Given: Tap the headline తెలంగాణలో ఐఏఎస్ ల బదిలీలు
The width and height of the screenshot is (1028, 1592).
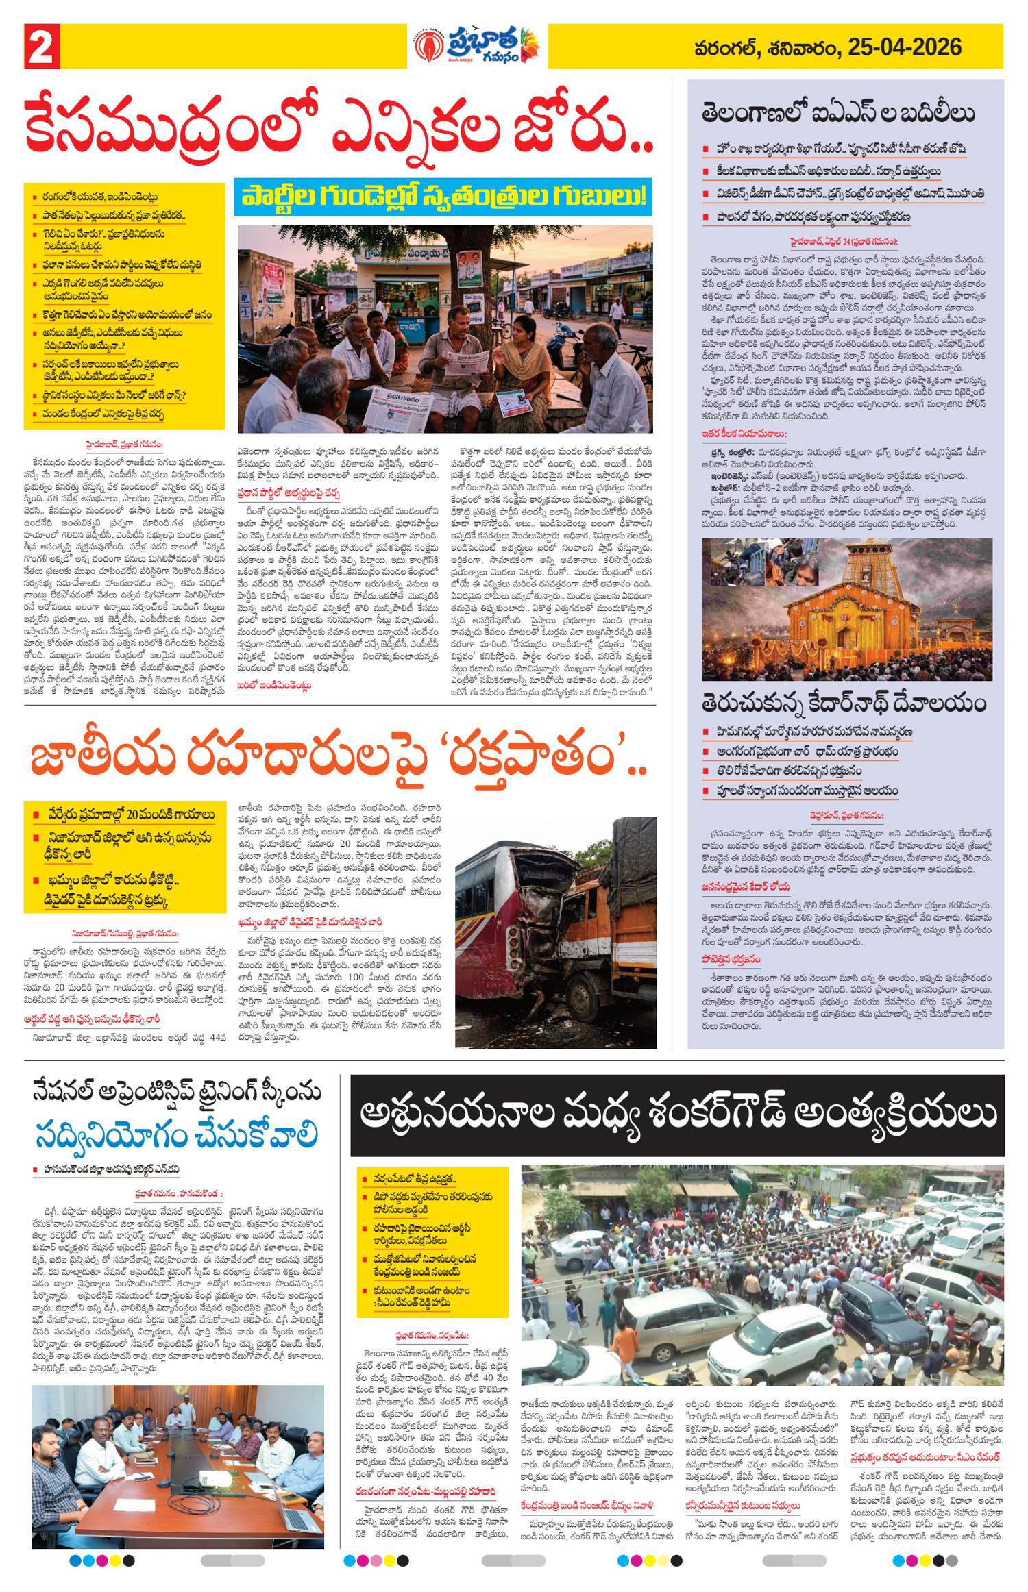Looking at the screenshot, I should tap(838, 112).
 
